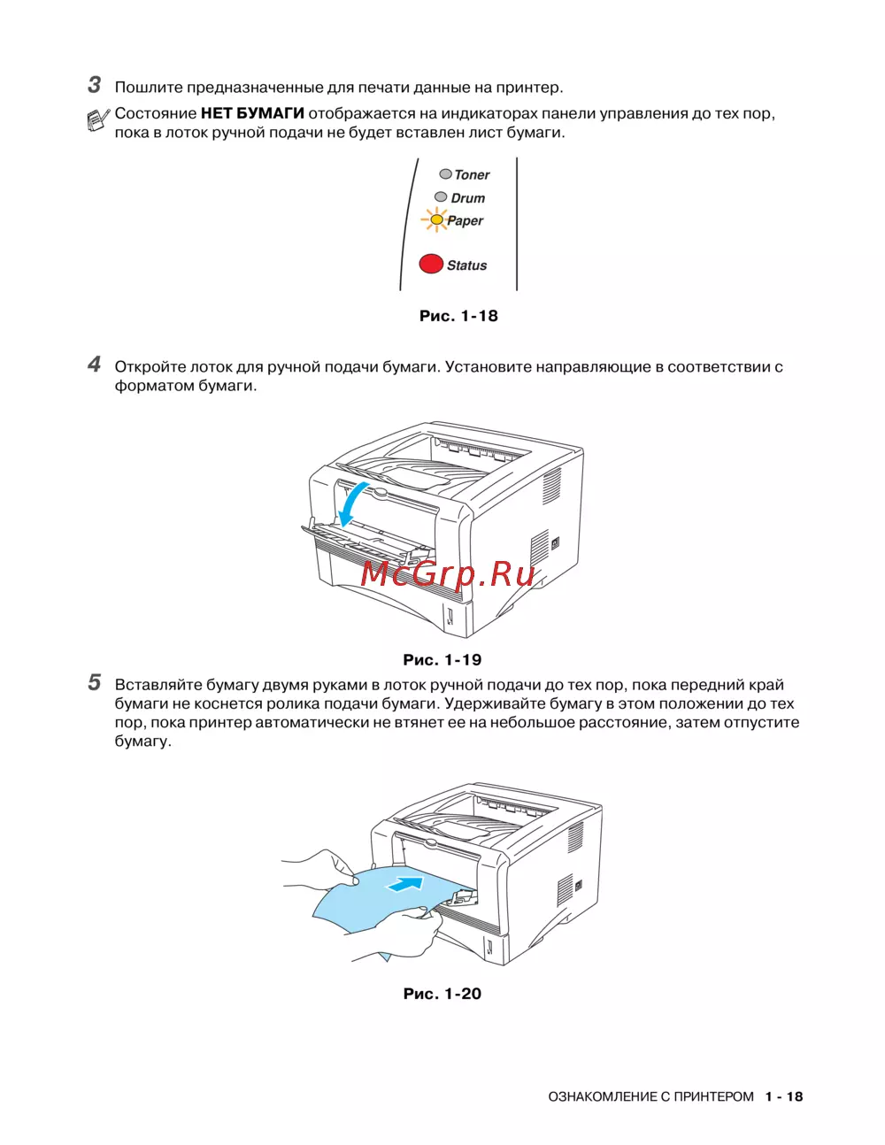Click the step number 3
pos(94,85)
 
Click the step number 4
pos(94,365)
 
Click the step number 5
pos(94,682)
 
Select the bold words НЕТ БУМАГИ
pos(252,113)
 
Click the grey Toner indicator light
pos(445,174)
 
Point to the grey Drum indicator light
pos(441,197)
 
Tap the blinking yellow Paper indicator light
pos(435,219)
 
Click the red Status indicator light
pos(431,264)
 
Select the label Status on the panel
pos(466,265)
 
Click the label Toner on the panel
pos(472,175)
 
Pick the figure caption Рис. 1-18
pos(458,316)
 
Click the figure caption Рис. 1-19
pos(442,659)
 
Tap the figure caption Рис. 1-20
pos(442,994)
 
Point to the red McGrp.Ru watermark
pos(448,573)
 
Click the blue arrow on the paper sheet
pos(405,882)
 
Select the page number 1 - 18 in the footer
pos(784,1096)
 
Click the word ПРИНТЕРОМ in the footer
pos(713,1096)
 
